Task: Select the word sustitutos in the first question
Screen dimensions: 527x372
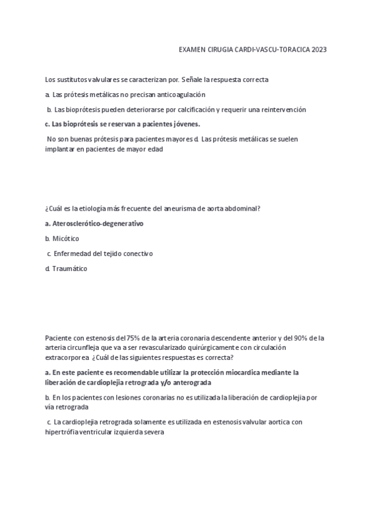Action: (73, 80)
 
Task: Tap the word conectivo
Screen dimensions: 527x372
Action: (138, 254)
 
